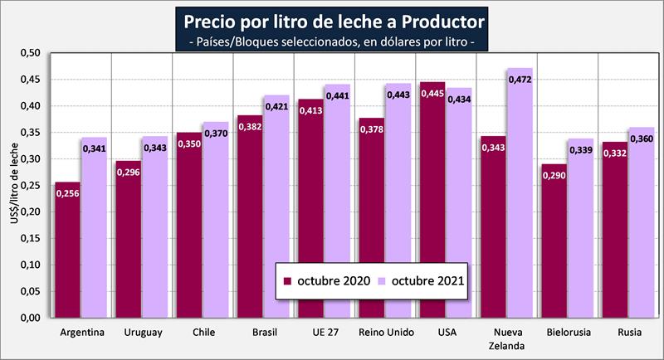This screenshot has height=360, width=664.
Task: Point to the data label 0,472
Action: click(x=520, y=80)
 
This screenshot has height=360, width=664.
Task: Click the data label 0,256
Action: click(x=68, y=193)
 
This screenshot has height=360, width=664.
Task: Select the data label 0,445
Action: click(x=432, y=93)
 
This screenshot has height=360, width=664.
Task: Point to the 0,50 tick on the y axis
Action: click(x=29, y=53)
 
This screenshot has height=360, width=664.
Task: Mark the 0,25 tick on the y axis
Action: click(x=29, y=186)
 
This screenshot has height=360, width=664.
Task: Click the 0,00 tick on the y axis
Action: click(x=29, y=319)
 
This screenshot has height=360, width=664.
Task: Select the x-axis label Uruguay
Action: click(x=142, y=333)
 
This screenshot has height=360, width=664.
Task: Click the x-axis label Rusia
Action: click(x=628, y=333)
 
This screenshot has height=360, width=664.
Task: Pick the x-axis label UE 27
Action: click(x=325, y=333)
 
